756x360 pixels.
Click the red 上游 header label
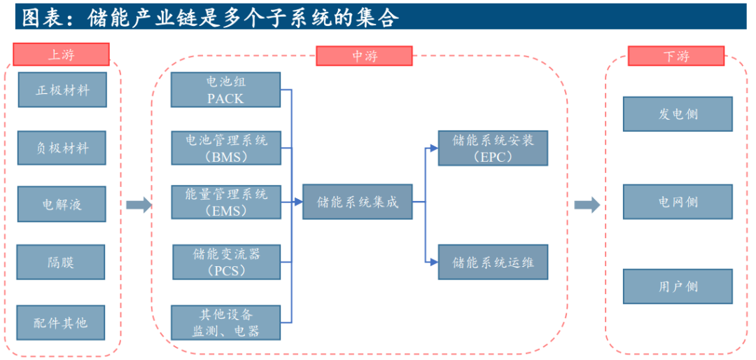(62, 54)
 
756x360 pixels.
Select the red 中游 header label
(364, 56)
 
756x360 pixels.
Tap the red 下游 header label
(675, 56)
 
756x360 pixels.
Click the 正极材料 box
(62, 90)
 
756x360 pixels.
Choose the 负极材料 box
(62, 148)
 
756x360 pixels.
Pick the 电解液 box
(62, 205)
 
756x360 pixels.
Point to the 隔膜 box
(61, 262)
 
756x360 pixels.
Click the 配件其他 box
(61, 322)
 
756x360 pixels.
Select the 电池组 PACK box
(225, 90)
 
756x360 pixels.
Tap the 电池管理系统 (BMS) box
(225, 148)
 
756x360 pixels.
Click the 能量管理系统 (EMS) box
(225, 202)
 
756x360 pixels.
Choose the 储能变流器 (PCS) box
(226, 261)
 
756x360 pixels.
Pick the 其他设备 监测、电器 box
(225, 322)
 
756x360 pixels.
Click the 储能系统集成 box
(357, 202)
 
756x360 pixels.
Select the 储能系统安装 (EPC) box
(492, 148)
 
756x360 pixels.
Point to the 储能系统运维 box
(492, 262)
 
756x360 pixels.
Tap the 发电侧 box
(677, 114)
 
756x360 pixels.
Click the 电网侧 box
(677, 202)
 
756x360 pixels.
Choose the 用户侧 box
(677, 286)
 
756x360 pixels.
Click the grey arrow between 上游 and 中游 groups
(139, 205)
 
